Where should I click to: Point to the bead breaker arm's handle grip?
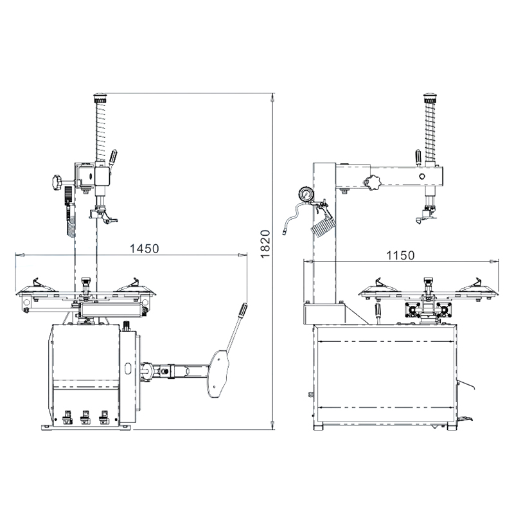tap(242, 311)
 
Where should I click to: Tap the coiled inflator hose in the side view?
tap(324, 224)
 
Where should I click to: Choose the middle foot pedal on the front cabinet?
tap(85, 416)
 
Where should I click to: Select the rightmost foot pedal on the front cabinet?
tap(103, 416)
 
